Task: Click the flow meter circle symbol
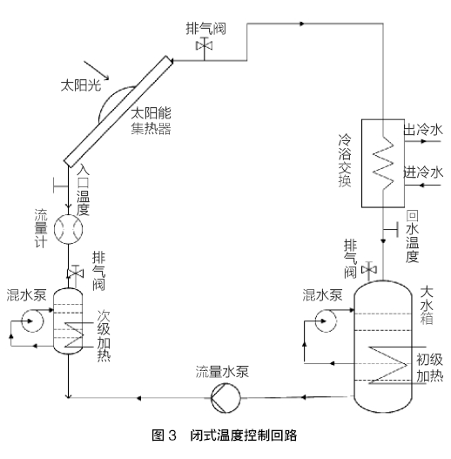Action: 67,230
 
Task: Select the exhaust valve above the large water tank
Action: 373,270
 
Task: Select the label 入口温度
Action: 84,191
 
